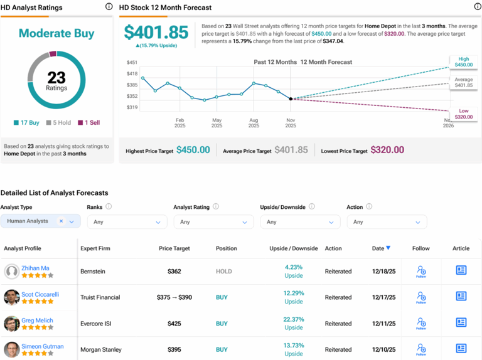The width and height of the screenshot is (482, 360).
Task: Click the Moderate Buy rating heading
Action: point(56,33)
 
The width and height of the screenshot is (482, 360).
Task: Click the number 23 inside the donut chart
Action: point(56,77)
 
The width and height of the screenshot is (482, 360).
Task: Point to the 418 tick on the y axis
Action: point(132,73)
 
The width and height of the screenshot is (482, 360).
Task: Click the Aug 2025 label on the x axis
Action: point(254,122)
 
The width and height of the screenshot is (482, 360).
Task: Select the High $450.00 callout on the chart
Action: point(464,61)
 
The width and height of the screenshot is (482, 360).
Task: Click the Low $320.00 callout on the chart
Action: point(463,114)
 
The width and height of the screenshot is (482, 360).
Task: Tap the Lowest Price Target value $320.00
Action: point(387,150)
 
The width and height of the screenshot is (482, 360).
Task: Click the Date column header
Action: point(378,248)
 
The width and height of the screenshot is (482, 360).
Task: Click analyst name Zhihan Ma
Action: point(36,267)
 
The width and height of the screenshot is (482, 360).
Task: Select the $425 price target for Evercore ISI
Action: point(174,324)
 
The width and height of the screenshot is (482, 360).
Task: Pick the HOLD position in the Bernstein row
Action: point(223,272)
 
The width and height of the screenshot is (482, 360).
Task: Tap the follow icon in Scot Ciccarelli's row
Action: point(421,297)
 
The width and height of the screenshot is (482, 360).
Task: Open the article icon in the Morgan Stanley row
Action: point(461,349)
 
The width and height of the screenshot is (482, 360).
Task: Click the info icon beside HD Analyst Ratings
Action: point(109,7)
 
